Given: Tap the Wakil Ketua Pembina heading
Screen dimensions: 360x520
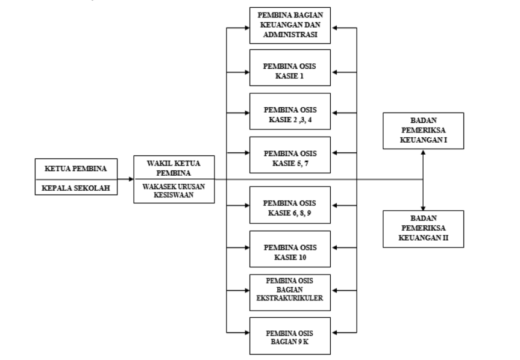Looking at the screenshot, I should pyautogui.click(x=174, y=167).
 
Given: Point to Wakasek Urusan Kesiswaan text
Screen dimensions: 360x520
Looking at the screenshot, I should pyautogui.click(x=174, y=190).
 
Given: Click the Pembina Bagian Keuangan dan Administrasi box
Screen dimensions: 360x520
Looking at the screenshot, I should pyautogui.click(x=290, y=26).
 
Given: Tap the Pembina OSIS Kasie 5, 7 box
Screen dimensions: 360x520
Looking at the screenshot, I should pyautogui.click(x=290, y=155).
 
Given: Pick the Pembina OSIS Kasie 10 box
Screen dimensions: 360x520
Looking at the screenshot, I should pyautogui.click(x=290, y=249).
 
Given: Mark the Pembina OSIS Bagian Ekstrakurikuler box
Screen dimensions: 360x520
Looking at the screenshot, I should pyautogui.click(x=290, y=290).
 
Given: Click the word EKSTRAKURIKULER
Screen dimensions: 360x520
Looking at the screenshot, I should pyautogui.click(x=290, y=297).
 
